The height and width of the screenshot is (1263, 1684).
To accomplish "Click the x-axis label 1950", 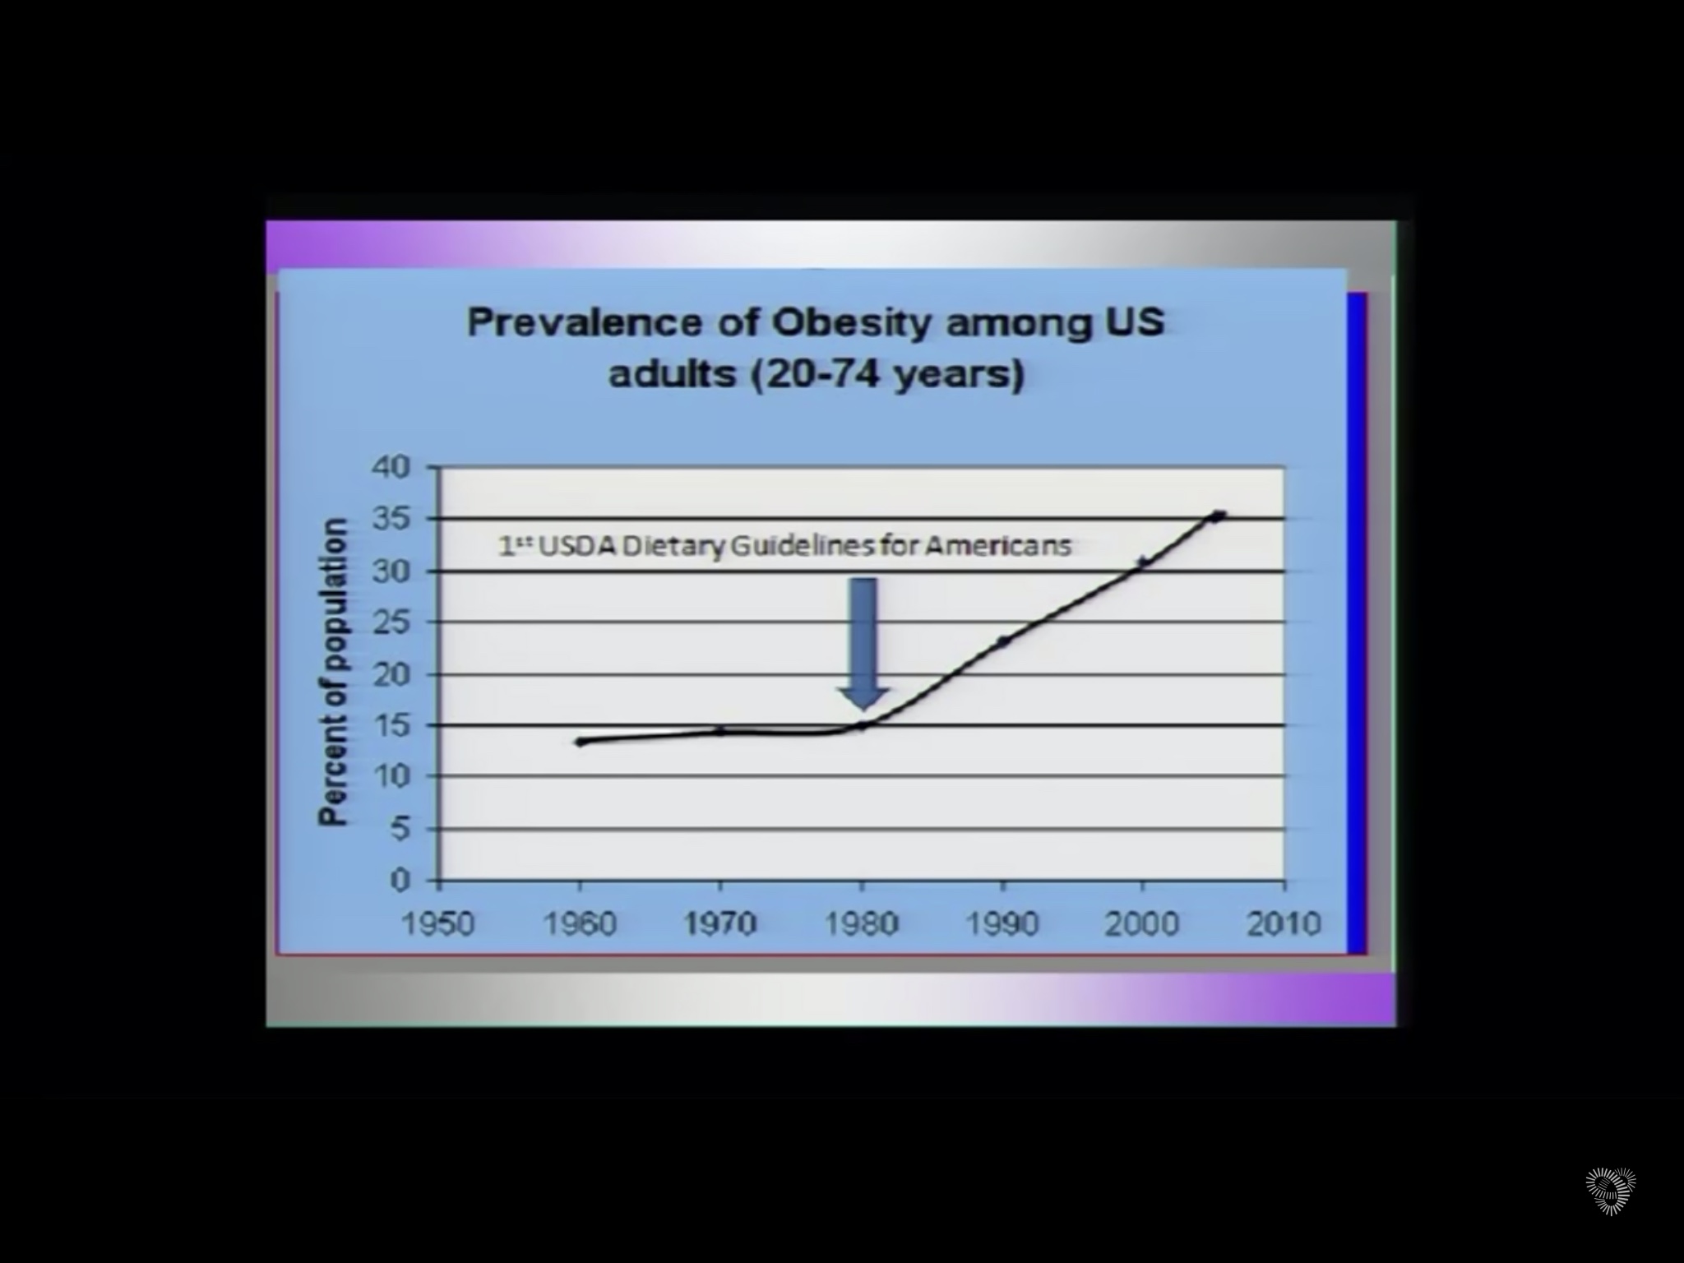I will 438,924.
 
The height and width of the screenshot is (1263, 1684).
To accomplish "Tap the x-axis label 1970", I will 720,924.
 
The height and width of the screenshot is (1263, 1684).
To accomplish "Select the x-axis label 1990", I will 1002,924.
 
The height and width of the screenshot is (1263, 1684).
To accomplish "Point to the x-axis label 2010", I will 1284,924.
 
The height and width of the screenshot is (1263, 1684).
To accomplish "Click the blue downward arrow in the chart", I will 863,641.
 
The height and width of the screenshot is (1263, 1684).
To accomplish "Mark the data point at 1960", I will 581,742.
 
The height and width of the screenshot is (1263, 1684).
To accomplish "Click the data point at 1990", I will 1003,641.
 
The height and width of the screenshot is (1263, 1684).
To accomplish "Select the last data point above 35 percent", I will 1219,516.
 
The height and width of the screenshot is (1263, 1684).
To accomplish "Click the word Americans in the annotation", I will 998,546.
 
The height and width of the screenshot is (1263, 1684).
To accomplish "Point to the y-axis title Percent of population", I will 333,672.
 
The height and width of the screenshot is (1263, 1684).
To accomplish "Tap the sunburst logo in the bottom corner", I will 1610,1190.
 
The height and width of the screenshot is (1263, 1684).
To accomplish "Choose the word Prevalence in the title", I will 585,322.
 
